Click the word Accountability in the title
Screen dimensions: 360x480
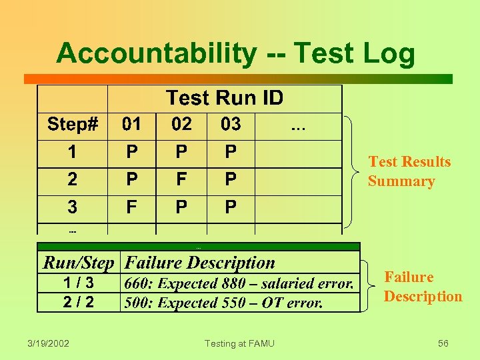155,53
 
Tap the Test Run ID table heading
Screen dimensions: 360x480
225,99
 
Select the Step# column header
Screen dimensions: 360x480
73,124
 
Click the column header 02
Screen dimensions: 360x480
181,124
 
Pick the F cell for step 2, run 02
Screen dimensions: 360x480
181,179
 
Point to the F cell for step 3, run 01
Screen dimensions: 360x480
132,207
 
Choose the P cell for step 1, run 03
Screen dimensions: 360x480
230,152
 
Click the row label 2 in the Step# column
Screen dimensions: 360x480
72,179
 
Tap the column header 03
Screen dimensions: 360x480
230,124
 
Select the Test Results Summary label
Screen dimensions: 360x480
409,171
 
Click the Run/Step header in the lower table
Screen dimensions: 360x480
79,263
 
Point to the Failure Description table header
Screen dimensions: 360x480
200,263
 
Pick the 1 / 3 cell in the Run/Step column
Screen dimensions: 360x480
78,283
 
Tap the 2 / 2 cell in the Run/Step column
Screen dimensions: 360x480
78,302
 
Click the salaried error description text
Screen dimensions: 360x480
239,283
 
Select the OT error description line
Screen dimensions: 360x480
223,303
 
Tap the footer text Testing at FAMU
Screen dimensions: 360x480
239,343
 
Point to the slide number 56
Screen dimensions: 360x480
443,343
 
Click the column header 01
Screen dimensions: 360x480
132,124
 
